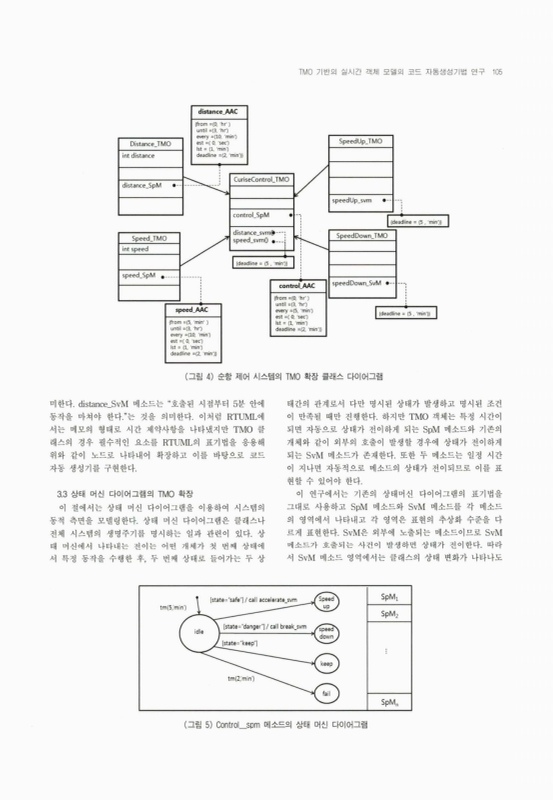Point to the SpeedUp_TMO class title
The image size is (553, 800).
360,142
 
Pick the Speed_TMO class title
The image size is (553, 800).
148,239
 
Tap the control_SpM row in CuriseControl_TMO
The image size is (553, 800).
251,215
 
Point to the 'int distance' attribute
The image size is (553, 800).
140,156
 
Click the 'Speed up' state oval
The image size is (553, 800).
325,600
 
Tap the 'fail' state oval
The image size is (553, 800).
325,692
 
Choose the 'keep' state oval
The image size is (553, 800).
325,662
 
